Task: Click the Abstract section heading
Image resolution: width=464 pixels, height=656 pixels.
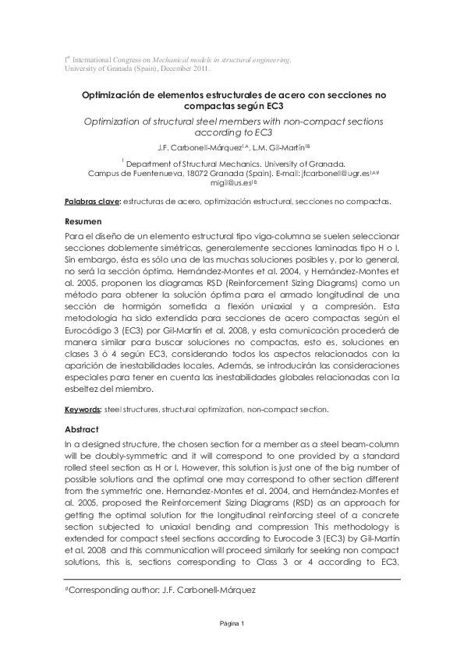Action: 82,429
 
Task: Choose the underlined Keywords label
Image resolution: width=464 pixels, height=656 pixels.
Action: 83,409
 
